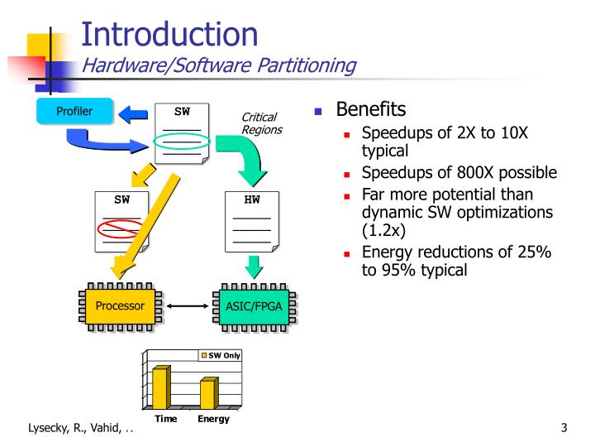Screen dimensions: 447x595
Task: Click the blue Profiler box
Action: click(x=74, y=110)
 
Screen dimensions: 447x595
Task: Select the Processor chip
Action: click(x=120, y=306)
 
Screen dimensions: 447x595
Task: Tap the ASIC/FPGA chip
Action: click(x=254, y=306)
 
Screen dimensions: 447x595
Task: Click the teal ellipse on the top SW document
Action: click(x=181, y=142)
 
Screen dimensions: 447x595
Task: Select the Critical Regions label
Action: click(x=260, y=123)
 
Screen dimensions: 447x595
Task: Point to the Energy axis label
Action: click(x=213, y=419)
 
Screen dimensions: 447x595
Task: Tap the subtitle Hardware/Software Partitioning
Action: click(x=218, y=65)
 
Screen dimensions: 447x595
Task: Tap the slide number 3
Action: click(x=563, y=428)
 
